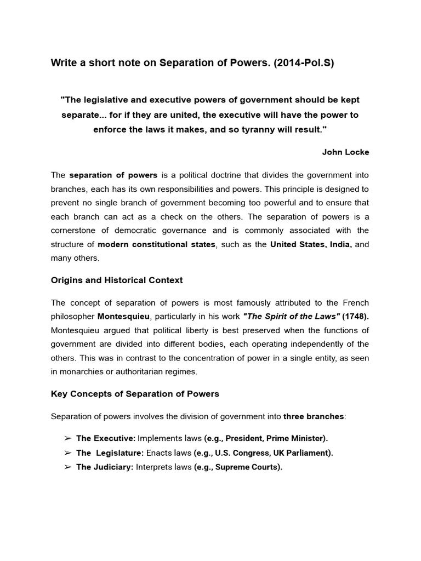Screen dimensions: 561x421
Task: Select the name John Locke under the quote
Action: click(345, 152)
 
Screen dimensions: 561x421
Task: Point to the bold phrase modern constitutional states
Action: click(156, 244)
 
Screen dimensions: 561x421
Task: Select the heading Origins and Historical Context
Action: click(117, 280)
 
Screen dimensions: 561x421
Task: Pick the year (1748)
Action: click(356, 317)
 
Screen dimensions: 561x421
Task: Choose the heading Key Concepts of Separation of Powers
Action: click(135, 394)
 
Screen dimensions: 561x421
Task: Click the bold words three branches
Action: click(314, 416)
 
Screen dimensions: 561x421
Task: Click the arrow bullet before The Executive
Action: click(67, 439)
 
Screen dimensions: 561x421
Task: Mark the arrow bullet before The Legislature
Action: click(67, 453)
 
